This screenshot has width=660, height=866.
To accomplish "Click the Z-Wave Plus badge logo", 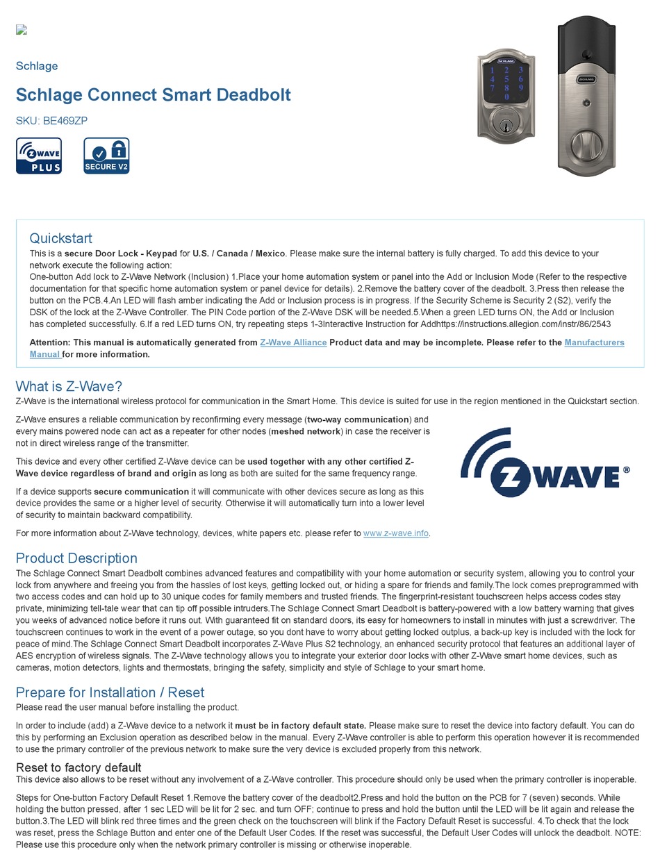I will point(39,156).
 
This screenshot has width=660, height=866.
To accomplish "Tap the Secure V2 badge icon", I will point(106,156).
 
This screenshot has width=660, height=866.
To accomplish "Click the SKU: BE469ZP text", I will point(51,120).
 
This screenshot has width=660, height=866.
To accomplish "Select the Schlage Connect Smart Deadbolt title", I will point(153,94).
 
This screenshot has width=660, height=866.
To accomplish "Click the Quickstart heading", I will point(60,238).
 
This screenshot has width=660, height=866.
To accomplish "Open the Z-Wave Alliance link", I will point(293,342).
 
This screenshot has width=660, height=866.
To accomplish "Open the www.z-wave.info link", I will point(395,533).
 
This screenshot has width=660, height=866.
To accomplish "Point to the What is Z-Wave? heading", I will point(69,386).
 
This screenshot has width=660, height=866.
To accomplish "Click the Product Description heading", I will point(76,558).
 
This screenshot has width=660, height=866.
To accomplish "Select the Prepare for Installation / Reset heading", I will point(110,692).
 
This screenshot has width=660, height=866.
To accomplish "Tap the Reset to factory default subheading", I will point(79,767).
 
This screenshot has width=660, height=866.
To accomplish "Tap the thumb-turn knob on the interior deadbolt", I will point(586,146).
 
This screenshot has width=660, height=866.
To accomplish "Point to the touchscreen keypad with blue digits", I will point(506,82).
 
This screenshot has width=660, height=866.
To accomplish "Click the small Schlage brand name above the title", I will point(37,66).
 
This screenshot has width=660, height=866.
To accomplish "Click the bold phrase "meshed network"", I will point(306,431).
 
